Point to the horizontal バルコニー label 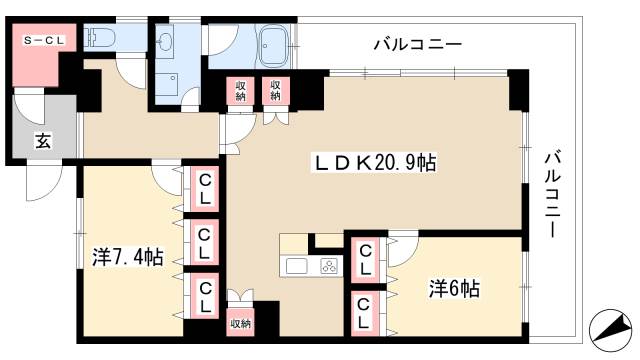[x=417, y=44]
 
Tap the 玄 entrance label [x=43, y=141]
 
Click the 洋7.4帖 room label [x=121, y=256]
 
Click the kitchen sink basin [x=298, y=266]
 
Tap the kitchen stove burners [x=329, y=266]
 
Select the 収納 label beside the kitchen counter [x=240, y=323]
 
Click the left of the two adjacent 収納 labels [x=241, y=92]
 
